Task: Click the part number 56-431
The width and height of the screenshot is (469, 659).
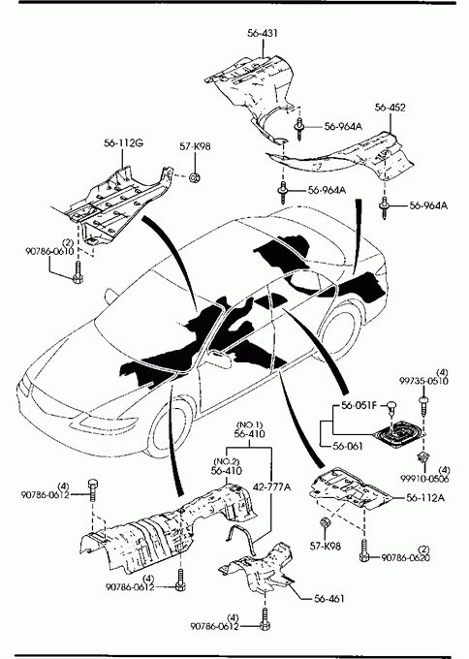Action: (x=263, y=33)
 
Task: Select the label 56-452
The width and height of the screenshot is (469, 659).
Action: (x=391, y=108)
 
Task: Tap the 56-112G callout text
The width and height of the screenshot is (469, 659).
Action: (x=124, y=143)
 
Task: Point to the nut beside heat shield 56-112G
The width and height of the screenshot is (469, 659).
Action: (x=194, y=177)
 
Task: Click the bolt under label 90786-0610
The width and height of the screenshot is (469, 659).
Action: (x=78, y=273)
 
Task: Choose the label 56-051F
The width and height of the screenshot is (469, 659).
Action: (x=359, y=405)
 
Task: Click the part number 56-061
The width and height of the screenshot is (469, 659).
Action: (x=348, y=446)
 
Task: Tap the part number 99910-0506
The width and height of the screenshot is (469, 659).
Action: (x=424, y=479)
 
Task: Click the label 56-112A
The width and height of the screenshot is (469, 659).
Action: (x=425, y=498)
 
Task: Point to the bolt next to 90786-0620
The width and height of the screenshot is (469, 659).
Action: (x=364, y=550)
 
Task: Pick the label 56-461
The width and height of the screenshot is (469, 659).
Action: (x=329, y=598)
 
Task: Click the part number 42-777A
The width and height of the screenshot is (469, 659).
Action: (x=272, y=487)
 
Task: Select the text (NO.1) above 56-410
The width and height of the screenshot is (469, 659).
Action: (x=249, y=424)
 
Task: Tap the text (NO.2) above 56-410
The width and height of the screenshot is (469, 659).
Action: (x=227, y=461)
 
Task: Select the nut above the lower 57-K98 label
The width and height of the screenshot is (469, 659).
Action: (x=325, y=522)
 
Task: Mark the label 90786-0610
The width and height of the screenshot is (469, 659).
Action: (x=49, y=251)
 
